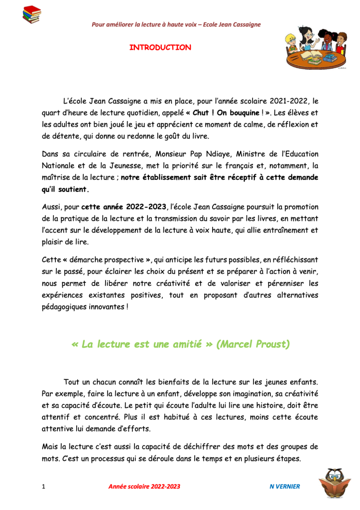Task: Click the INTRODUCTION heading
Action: click(x=160, y=48)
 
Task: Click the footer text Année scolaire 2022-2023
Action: click(x=144, y=487)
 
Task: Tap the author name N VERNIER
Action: click(x=281, y=487)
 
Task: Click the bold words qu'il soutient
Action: click(x=66, y=189)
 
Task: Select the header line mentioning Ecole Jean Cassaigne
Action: click(x=176, y=25)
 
